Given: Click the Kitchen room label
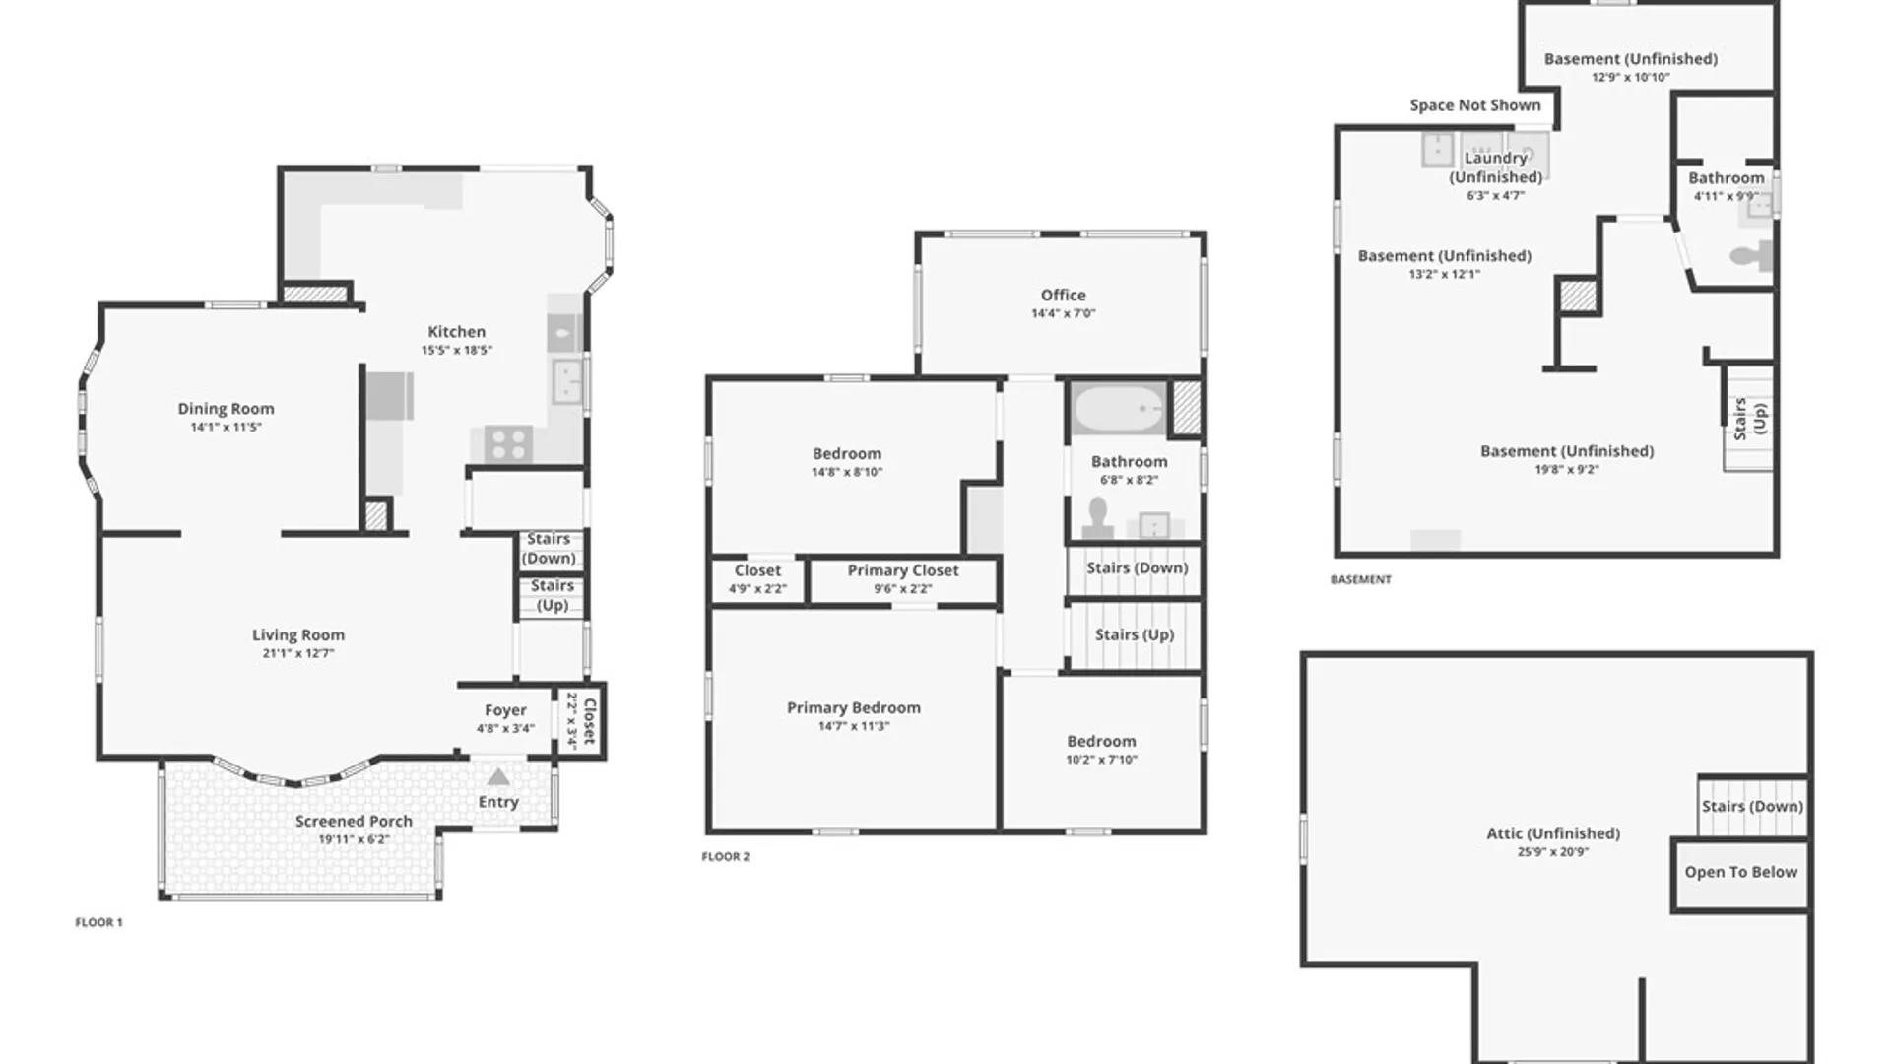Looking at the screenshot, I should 456,332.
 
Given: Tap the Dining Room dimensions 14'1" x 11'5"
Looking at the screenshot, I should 226,427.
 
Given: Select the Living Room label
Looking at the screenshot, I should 297,635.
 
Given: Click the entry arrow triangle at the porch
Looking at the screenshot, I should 498,777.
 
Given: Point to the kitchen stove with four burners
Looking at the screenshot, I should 508,443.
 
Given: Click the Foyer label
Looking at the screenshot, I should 505,710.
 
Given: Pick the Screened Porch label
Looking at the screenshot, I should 354,822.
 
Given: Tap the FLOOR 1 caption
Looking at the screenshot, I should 98,923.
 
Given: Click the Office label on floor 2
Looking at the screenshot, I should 1063,296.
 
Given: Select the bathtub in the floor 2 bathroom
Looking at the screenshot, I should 1118,408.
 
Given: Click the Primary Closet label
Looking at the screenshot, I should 902,570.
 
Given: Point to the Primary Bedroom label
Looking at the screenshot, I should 853,708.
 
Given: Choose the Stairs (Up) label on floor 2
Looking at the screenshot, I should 1134,635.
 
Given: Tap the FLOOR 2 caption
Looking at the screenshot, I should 725,857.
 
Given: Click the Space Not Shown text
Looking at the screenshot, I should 1474,105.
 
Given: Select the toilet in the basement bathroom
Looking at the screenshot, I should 1749,256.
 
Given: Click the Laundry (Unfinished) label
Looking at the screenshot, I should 1495,167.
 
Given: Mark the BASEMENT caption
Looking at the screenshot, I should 1360,580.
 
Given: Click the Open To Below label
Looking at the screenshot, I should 1740,872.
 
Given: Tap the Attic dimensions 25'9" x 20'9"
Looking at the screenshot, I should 1552,852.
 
